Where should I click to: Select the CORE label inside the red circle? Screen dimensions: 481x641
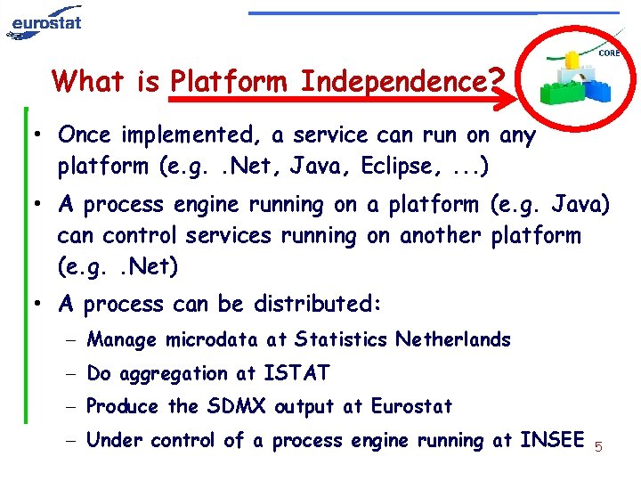609,54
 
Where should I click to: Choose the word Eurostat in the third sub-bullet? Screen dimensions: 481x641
410,407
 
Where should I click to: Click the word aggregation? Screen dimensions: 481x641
169,374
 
